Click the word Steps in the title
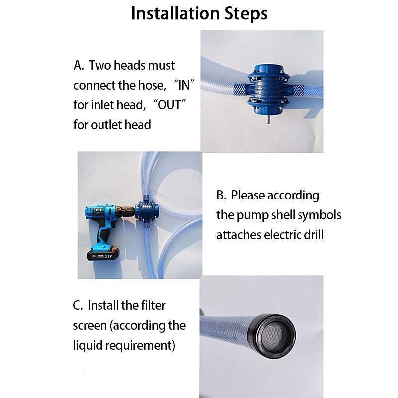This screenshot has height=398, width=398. (x=244, y=14)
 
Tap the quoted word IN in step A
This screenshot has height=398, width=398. (x=184, y=85)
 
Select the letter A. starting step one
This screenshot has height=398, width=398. (x=79, y=65)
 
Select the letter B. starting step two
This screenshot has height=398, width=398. (x=221, y=195)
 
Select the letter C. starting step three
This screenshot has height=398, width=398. (x=78, y=305)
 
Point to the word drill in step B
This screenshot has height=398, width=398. (x=311, y=234)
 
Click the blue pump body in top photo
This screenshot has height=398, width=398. (x=268, y=89)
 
